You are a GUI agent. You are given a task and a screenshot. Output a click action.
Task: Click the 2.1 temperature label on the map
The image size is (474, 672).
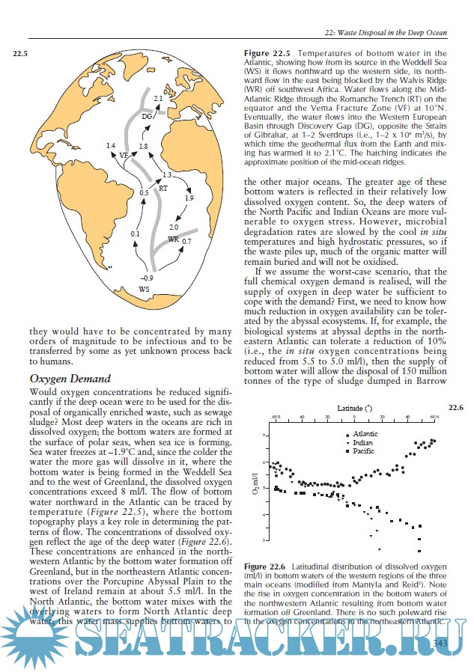click(158, 99)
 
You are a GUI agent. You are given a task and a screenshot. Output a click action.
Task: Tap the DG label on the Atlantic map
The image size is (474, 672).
click(147, 117)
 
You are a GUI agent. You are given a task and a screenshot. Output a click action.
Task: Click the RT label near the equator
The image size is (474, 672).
click(162, 189)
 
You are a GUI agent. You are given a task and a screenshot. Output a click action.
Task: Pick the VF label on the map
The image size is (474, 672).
click(124, 155)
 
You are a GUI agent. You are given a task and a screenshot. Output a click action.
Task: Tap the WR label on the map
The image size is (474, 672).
click(173, 239)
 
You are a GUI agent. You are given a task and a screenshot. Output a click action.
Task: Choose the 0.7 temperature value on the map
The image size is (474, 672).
click(186, 242)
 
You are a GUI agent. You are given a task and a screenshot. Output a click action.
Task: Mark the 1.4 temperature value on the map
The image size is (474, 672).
click(111, 144)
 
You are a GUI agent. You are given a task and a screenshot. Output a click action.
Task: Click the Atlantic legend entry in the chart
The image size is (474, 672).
click(363, 434)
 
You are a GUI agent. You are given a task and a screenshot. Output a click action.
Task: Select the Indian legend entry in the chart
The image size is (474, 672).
click(361, 443)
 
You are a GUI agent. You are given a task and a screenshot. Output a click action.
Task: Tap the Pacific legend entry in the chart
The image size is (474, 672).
click(362, 452)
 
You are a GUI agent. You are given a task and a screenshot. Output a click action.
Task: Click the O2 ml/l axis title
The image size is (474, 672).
click(255, 488)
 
